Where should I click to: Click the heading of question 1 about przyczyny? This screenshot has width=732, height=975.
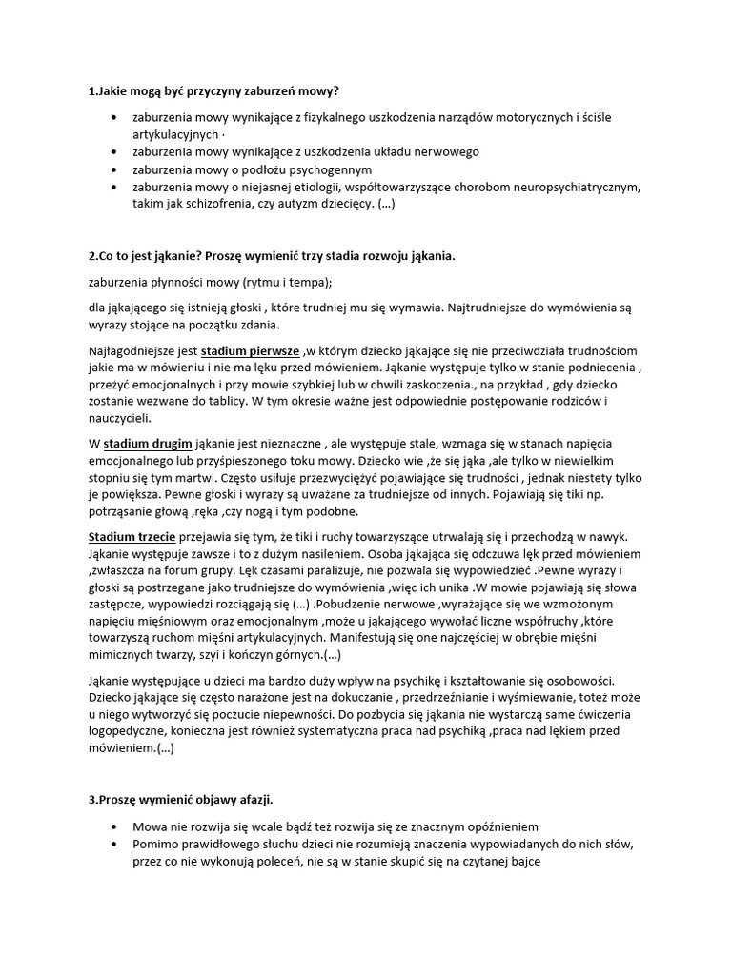click(213, 91)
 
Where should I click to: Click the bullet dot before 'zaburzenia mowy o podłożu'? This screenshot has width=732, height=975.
click(114, 169)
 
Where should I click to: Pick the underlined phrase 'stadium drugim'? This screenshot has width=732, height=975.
click(148, 445)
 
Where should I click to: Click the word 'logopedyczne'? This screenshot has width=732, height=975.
click(128, 731)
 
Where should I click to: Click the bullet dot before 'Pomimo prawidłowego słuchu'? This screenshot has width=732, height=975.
click(114, 845)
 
